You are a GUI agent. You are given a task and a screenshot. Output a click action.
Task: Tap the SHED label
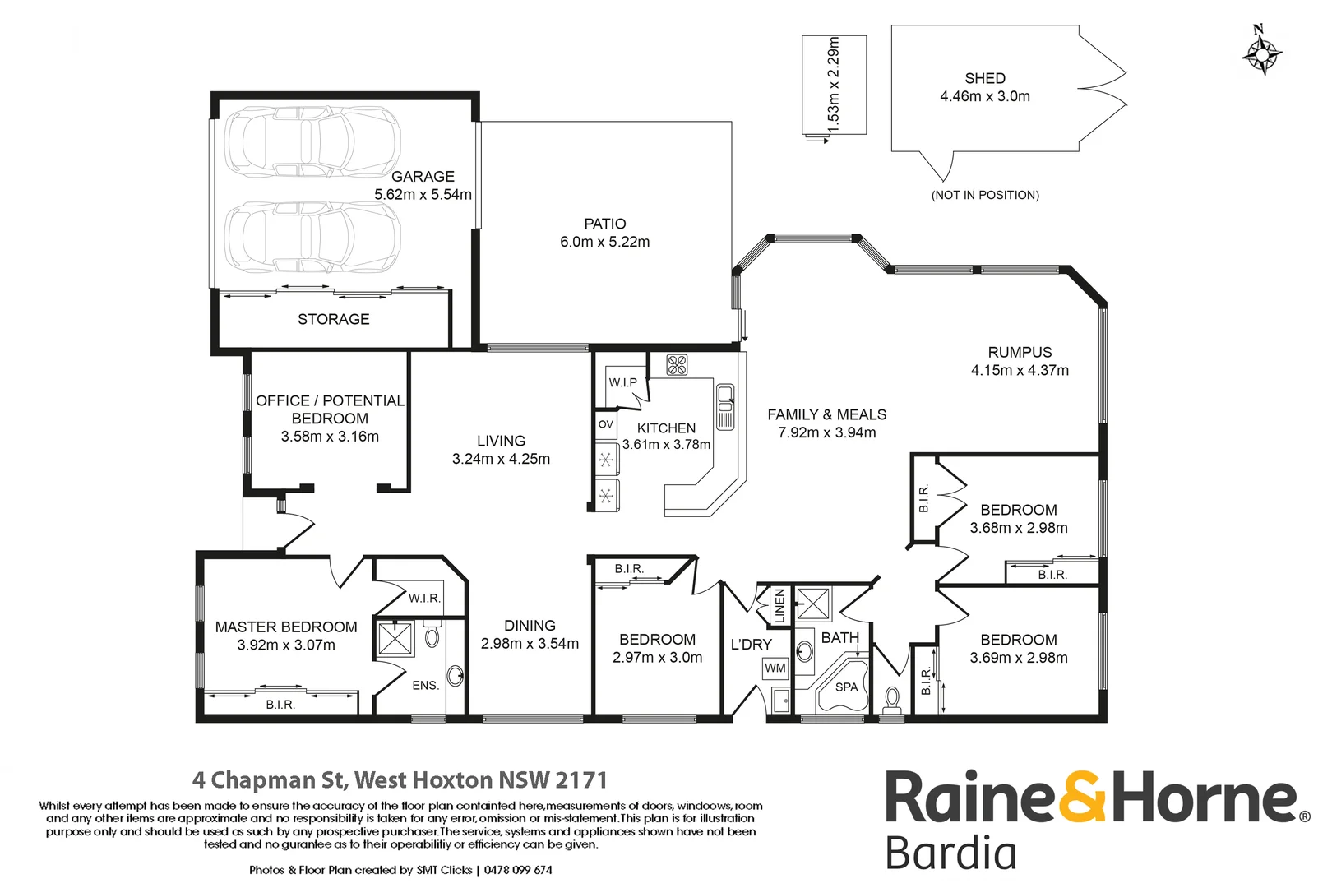pos(985,78)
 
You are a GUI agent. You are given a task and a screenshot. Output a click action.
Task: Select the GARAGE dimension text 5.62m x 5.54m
pos(423,195)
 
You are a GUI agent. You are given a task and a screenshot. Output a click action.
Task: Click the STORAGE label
pos(333,319)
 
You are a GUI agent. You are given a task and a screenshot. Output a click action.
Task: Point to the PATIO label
pos(604,224)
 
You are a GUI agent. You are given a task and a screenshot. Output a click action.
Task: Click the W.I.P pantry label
pos(622,382)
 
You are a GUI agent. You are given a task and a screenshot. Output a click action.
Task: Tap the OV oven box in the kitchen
pos(606,425)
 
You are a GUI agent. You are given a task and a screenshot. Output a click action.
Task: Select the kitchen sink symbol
pos(725,406)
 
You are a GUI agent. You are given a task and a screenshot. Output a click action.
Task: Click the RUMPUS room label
pos(1020,352)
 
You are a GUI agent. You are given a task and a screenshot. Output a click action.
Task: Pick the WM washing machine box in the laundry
pos(775,668)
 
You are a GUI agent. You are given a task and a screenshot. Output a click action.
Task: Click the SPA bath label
pos(846,687)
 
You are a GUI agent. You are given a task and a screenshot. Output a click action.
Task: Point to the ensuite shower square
pos(395,639)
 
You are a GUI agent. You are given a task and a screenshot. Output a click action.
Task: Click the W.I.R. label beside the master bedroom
pos(424,598)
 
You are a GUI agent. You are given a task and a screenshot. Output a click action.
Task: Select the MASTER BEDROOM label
pos(286,627)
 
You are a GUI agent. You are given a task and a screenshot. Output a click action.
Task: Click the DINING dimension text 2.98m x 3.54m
pos(530,644)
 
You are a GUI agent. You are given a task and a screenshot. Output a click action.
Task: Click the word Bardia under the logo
pos(950,853)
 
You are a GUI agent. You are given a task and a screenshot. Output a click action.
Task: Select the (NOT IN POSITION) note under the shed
pos(985,195)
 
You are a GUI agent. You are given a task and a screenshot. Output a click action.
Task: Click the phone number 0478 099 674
pos(518,870)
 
